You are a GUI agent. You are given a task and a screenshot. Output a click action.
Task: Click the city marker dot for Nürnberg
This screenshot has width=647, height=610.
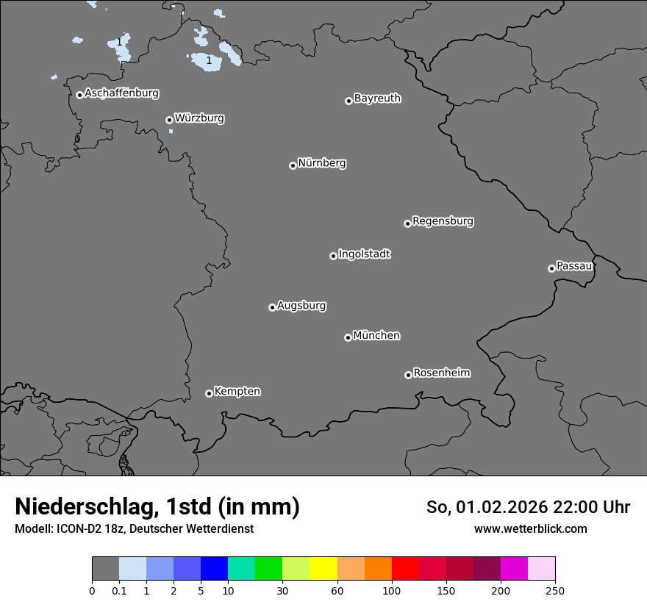coord(293,165)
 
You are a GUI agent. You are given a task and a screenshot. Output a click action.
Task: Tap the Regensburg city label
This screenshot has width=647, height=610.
coord(443,220)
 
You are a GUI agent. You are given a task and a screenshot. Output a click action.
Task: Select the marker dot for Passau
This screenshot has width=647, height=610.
coord(551,268)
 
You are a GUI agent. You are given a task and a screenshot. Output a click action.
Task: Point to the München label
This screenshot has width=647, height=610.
coord(376,335)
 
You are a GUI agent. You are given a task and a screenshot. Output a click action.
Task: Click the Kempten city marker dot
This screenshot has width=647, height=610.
coord(209,393)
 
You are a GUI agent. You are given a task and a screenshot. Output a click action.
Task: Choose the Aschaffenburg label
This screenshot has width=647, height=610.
coord(121,93)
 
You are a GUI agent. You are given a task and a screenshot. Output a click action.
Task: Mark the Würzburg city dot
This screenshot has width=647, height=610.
coord(169,120)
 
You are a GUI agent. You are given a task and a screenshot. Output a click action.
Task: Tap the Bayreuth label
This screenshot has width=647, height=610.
coord(377,98)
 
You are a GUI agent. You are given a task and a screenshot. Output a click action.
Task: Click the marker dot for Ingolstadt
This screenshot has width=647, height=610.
coord(333,256)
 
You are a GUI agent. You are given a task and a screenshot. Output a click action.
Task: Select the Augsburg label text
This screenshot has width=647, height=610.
coord(301,305)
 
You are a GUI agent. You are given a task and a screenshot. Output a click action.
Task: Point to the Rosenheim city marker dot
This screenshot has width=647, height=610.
coord(408,376)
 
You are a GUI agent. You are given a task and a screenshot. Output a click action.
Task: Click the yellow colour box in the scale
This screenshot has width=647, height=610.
coord(323,569)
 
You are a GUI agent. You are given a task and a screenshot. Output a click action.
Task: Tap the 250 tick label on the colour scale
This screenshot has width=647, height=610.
coord(555,590)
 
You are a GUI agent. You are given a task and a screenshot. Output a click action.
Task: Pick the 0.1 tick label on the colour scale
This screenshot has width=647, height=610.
coord(119,590)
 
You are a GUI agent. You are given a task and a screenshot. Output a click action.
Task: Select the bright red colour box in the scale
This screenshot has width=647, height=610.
coord(405,569)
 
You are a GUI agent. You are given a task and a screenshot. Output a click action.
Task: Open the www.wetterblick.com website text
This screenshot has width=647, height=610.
coord(530,528)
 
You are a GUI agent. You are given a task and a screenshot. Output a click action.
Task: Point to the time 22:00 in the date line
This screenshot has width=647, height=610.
coord(575,507)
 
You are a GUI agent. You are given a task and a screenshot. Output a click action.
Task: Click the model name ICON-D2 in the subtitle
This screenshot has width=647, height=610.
coord(77,528)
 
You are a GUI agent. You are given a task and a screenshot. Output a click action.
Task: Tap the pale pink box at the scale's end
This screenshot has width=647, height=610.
coord(541,569)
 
